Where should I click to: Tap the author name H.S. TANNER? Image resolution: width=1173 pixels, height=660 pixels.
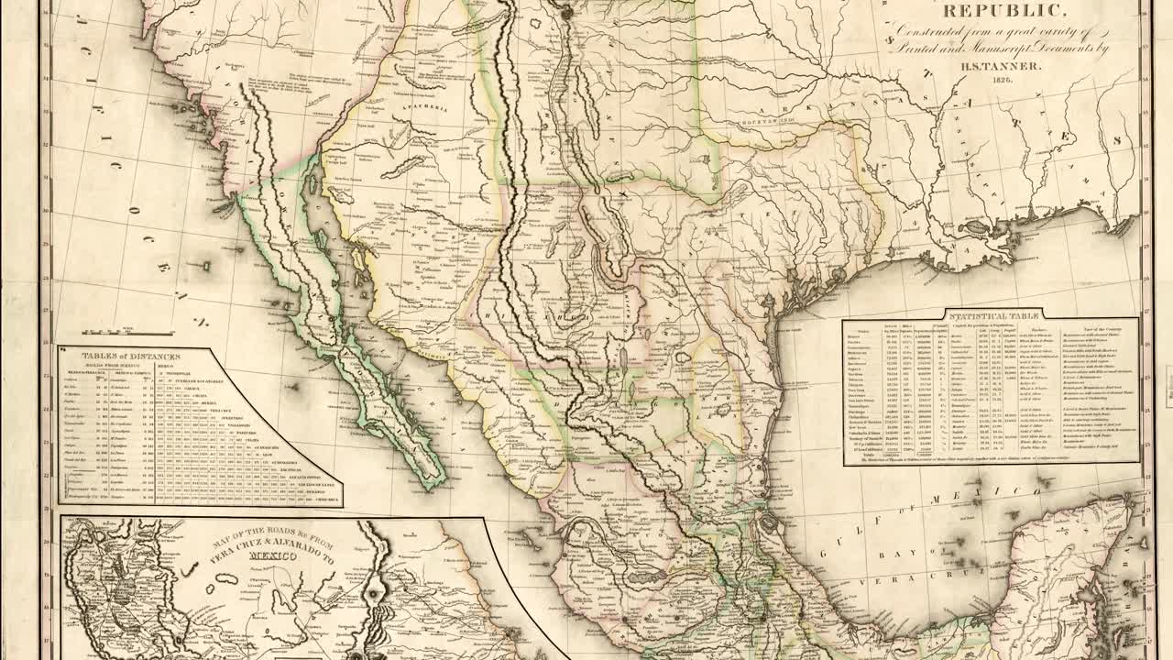pos(998,65)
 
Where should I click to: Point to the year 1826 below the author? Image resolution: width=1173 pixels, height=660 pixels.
pos(1002,81)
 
